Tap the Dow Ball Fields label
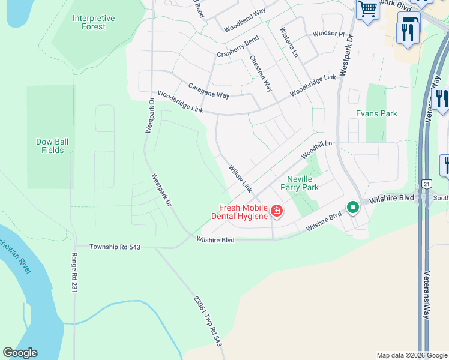pyautogui.click(x=53, y=146)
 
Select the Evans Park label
pyautogui.click(x=376, y=113)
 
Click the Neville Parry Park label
pyautogui.click(x=303, y=183)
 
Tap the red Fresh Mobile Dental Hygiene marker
pyautogui.click(x=276, y=211)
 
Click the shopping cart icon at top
pyautogui.click(x=367, y=9)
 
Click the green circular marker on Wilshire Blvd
pyautogui.click(x=353, y=208)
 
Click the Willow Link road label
pyautogui.click(x=238, y=179)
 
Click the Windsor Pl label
pyautogui.click(x=328, y=34)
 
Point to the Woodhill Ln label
pyautogui.click(x=317, y=147)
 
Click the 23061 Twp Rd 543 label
pyautogui.click(x=208, y=321)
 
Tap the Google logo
pyautogui.click(x=20, y=353)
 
